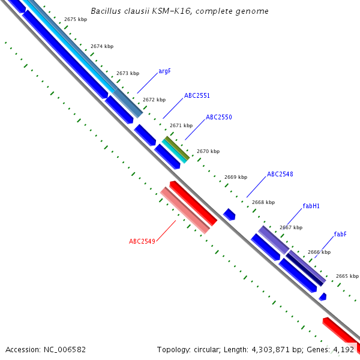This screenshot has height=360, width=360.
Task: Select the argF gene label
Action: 164,71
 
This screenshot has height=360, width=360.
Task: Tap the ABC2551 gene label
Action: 197,95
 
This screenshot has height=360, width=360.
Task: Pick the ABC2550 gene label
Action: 218,117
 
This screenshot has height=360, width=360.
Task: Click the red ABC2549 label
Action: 142,241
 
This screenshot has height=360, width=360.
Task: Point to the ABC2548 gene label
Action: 280,174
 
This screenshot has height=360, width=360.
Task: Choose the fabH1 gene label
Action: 311,206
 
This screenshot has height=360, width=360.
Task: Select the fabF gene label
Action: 340,234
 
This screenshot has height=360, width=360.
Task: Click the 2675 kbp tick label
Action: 75,20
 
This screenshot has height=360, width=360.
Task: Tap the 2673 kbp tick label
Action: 127,73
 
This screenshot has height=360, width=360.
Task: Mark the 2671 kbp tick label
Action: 181,125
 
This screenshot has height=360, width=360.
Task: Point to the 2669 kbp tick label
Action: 236,177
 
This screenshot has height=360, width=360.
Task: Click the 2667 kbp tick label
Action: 291,227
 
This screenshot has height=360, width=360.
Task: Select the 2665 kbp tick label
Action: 347,276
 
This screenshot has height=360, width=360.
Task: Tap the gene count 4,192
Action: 343,349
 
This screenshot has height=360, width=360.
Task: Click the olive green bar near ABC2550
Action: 176,147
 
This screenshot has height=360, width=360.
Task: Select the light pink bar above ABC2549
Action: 185,209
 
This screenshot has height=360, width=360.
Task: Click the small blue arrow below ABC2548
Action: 229,214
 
